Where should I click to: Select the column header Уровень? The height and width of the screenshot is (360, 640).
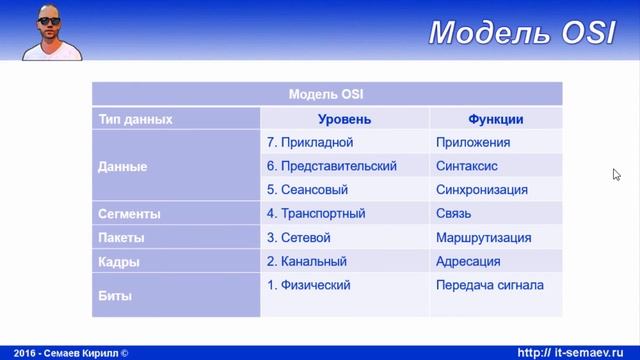click(344, 119)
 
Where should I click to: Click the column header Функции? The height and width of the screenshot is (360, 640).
click(495, 119)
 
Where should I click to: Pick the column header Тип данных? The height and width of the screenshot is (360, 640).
click(135, 119)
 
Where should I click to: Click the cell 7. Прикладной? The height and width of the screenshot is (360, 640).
click(310, 143)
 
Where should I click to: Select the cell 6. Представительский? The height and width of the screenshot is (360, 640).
click(332, 166)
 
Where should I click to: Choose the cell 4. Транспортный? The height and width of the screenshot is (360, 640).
click(316, 214)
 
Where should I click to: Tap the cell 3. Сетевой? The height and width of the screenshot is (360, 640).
click(299, 238)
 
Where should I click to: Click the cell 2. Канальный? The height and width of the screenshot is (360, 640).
click(307, 262)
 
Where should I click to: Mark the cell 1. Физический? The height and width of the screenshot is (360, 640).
click(309, 286)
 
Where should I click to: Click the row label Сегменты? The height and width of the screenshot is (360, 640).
click(129, 214)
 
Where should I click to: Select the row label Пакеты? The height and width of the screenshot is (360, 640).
click(121, 238)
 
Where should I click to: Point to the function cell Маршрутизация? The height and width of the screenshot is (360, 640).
click(483, 238)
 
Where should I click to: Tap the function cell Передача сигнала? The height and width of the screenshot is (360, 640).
click(490, 286)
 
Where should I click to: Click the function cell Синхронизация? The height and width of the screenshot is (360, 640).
click(482, 190)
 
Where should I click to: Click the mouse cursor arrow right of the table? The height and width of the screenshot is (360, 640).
click(617, 174)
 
